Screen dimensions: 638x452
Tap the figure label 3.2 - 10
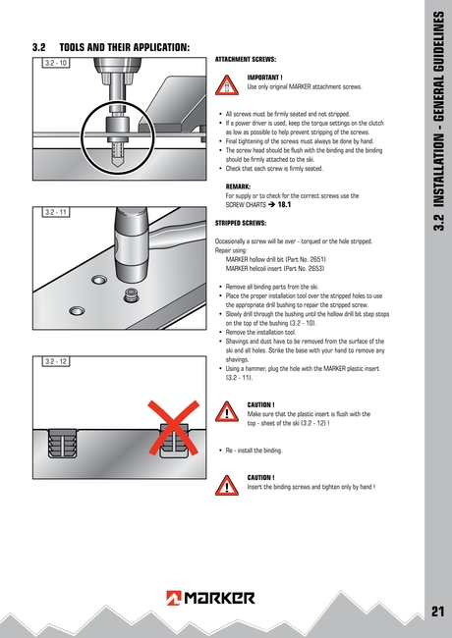click(x=56, y=64)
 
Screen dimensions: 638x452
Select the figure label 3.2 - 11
click(x=56, y=212)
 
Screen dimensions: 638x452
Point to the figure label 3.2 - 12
click(x=56, y=361)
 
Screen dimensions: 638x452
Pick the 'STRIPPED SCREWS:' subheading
click(x=241, y=223)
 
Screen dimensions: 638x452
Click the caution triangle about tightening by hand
click(x=228, y=483)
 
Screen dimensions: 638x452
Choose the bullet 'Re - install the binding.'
click(x=254, y=451)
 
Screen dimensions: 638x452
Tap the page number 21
click(x=438, y=612)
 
